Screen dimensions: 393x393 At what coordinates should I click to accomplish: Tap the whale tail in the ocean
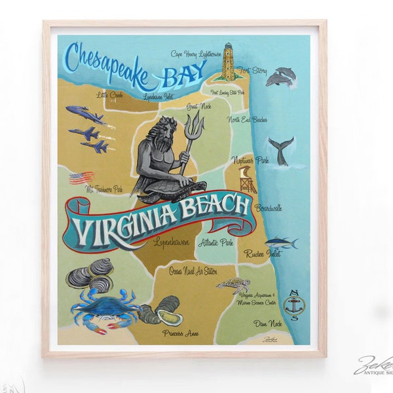click(x=280, y=150)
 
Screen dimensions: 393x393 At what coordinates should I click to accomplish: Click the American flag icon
click(x=81, y=177)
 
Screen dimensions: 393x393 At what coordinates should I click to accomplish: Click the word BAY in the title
click(x=176, y=77)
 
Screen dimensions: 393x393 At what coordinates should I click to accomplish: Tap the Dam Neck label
click(x=269, y=323)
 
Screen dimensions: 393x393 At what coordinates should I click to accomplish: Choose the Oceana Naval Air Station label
click(x=193, y=270)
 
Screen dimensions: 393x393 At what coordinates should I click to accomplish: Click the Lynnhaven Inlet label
click(x=160, y=97)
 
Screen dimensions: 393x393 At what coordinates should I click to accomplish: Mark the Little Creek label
click(x=109, y=95)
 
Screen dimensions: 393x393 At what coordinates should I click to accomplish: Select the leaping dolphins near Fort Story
click(x=280, y=77)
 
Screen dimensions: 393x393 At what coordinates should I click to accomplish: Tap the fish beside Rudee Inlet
click(x=282, y=242)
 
